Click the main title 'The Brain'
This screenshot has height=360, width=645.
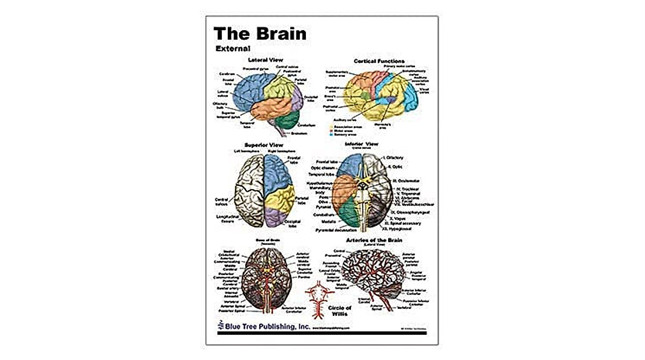pyautogui.click(x=260, y=33)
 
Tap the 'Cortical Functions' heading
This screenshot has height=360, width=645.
pyautogui.click(x=379, y=61)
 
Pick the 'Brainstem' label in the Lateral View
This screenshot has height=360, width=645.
pyautogui.click(x=299, y=132)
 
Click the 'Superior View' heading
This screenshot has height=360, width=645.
pyautogui.click(x=263, y=145)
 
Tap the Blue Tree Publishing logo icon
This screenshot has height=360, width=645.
pyautogui.click(x=220, y=325)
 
